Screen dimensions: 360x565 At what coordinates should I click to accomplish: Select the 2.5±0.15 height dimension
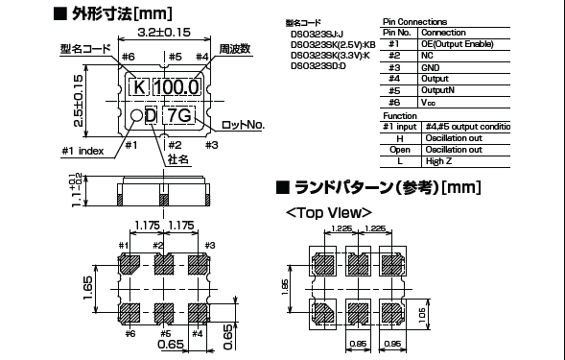click(88, 95)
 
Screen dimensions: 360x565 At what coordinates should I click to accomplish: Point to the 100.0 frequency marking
click(179, 87)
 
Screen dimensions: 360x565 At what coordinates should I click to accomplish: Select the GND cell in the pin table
click(432, 68)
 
